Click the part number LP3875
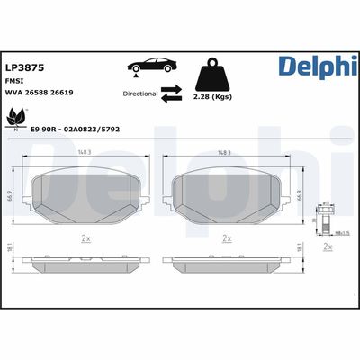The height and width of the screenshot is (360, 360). [22, 66]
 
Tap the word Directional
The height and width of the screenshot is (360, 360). [139, 92]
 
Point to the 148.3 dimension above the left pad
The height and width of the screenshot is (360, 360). [85, 151]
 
